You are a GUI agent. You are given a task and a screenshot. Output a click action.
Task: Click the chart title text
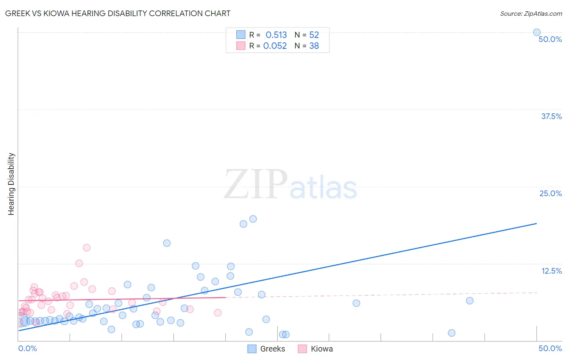click(118, 13)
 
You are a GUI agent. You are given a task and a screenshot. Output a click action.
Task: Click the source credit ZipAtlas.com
click(531, 13)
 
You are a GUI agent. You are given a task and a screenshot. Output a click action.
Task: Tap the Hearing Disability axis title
click(11, 184)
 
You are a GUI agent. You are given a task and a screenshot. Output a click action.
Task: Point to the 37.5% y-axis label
click(551, 116)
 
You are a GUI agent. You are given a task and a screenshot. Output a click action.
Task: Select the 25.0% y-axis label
click(550, 193)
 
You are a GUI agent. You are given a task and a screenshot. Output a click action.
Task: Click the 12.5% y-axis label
click(551, 271)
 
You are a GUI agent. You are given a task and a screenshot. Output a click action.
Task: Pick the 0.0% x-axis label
click(27, 348)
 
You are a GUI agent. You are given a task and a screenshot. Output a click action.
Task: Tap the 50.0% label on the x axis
click(550, 348)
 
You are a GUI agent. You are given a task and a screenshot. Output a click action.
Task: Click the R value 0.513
click(276, 35)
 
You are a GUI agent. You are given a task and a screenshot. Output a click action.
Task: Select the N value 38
click(314, 46)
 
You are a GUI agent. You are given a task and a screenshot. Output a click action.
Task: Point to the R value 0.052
click(275, 46)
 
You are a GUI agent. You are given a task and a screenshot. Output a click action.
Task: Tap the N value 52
click(314, 35)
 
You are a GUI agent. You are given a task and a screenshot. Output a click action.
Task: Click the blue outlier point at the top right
click(537, 32)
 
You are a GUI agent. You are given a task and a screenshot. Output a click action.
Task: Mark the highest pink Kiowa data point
click(87, 248)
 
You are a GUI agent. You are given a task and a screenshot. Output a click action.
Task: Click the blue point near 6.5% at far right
click(469, 301)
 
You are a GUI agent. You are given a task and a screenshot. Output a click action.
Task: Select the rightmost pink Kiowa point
click(218, 313)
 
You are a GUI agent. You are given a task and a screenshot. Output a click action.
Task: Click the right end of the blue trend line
click(536, 223)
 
